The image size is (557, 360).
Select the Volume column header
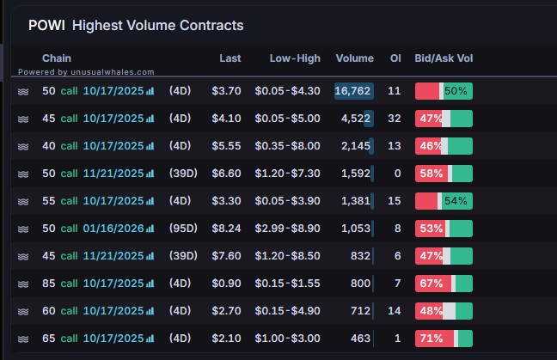pos(354,58)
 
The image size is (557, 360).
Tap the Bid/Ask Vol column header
pos(444,58)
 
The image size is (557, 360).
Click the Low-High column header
pos(294,58)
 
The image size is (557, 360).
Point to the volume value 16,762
pos(352,90)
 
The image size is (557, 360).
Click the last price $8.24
pos(226,228)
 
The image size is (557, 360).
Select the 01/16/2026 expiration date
pos(113,228)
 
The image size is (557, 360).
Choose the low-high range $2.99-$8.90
pos(287,228)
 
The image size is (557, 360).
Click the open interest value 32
pos(395,118)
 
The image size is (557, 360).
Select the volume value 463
pos(360,338)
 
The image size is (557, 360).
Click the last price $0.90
pos(226,283)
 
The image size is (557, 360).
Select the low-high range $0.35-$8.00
pos(287,145)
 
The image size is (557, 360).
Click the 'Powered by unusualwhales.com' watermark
pos(86,72)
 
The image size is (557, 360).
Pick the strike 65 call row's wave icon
pos(23,338)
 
